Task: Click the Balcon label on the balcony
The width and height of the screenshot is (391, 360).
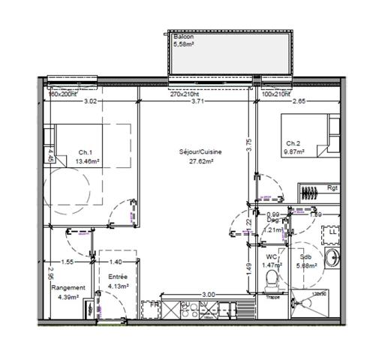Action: [x=183, y=37]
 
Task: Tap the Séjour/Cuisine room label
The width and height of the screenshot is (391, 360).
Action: [x=197, y=151]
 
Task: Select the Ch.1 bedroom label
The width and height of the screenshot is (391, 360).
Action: [x=84, y=152]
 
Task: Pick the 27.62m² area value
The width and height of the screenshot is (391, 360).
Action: [x=197, y=160]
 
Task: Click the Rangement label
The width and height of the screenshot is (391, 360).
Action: [x=68, y=287]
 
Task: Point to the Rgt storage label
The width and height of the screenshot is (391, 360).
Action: [x=332, y=188]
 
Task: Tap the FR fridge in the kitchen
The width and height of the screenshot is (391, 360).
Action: [x=155, y=306]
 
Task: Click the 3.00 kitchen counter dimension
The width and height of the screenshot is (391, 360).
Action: [x=208, y=295]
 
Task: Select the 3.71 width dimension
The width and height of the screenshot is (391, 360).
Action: [x=197, y=101]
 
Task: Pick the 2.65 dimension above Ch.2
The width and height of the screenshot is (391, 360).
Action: [x=299, y=101]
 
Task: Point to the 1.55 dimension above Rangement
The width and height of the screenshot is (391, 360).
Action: [x=68, y=262]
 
